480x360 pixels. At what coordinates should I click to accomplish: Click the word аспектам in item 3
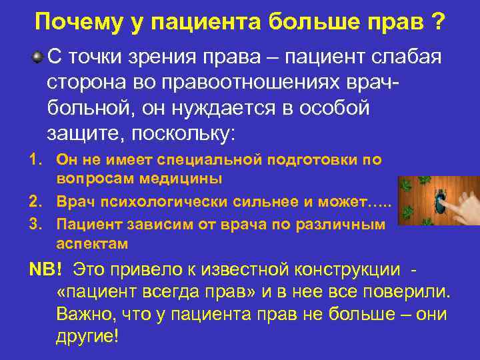(92, 243)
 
